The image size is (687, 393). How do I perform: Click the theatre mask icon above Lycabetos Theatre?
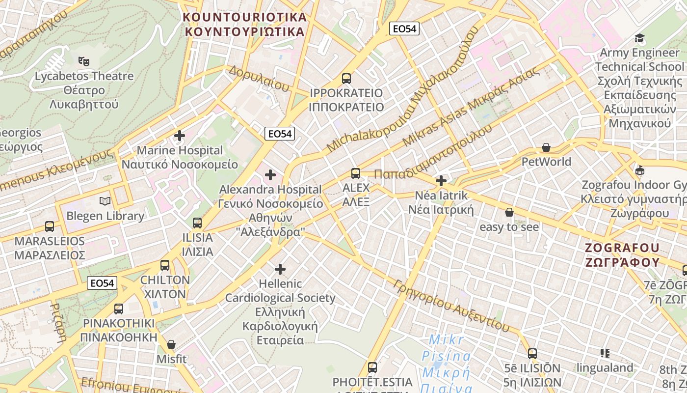click(x=84, y=61)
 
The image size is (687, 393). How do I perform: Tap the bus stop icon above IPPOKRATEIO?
click(x=346, y=78)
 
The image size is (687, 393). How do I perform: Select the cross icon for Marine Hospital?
click(x=180, y=136)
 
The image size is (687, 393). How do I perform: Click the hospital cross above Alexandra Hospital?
click(x=270, y=174)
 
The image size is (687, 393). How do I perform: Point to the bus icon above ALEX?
click(x=356, y=173)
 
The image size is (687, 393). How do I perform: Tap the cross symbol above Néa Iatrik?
click(x=441, y=181)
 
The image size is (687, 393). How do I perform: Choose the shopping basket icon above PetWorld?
click(x=546, y=147)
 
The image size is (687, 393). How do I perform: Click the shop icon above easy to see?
click(x=509, y=212)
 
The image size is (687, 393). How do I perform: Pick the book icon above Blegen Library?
click(x=105, y=201)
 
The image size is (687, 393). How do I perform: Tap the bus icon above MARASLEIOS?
click(x=50, y=226)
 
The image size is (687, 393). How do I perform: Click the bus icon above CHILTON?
click(x=165, y=265)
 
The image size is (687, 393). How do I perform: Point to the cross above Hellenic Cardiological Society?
click(x=280, y=269)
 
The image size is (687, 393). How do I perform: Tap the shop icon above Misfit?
click(x=171, y=344)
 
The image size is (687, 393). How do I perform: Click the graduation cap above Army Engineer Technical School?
click(x=640, y=38)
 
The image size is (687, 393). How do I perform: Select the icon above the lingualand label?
click(x=605, y=353)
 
